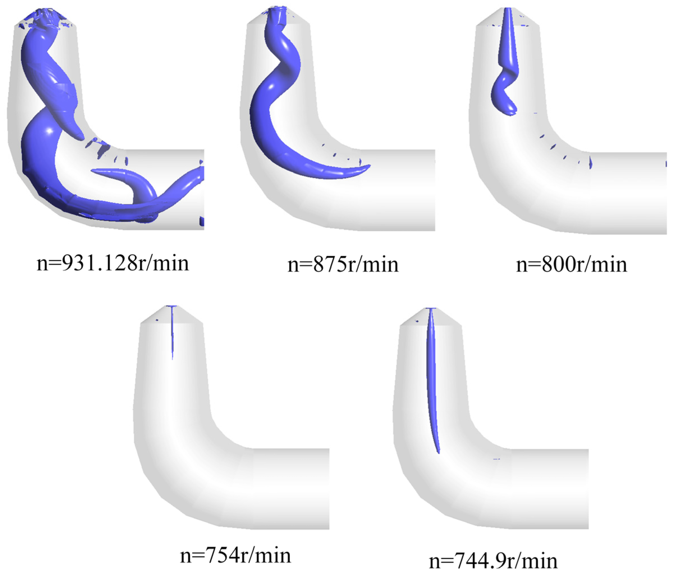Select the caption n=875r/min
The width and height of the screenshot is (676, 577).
tap(343, 265)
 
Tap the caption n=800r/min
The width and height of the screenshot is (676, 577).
tap(571, 265)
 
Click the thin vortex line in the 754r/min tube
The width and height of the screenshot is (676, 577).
tap(172, 336)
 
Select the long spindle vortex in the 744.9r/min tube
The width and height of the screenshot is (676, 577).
tap(432, 375)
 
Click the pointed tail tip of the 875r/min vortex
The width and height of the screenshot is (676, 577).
tap(368, 166)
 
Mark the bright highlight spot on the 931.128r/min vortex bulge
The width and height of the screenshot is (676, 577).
tap(49, 131)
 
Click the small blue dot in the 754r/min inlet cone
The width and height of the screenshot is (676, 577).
tap(157, 320)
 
